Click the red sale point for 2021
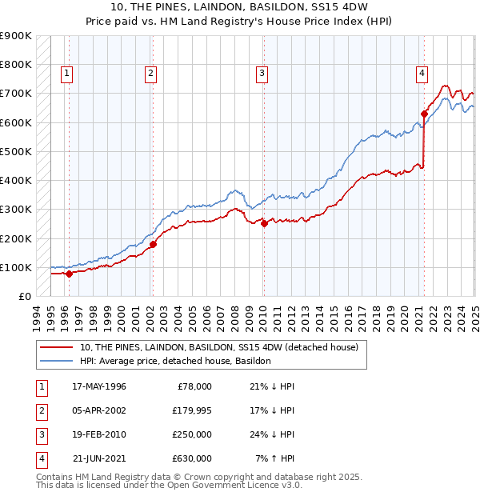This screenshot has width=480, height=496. [424, 114]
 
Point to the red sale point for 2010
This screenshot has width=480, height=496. [264, 223]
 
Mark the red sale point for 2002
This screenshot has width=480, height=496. [153, 244]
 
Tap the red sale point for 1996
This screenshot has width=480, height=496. [69, 274]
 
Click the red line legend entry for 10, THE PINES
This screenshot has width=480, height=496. [224, 346]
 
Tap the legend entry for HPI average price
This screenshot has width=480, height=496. [176, 361]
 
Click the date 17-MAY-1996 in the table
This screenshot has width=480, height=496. [98, 386]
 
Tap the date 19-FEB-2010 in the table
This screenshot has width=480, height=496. [98, 434]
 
